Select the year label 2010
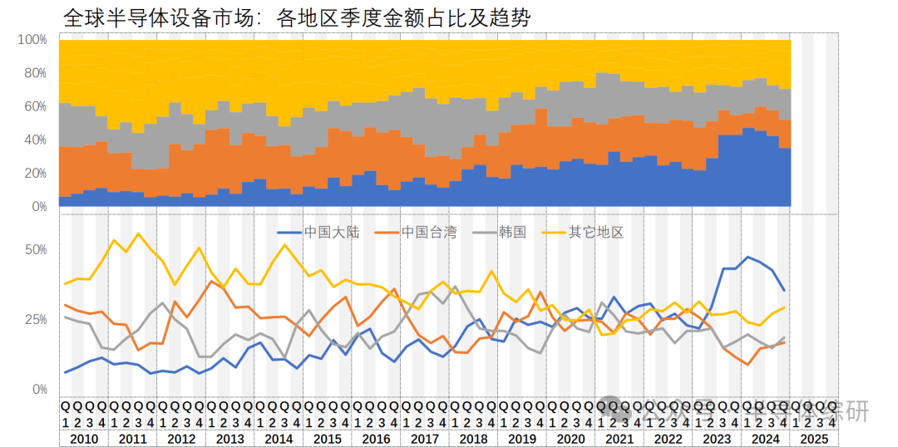(84, 439)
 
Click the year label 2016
(376, 439)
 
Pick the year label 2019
(521, 439)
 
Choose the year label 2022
(668, 439)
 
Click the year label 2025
(813, 439)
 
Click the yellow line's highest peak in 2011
(138, 233)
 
